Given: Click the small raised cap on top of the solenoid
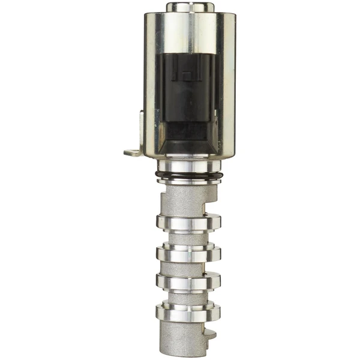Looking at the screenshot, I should point(190,7).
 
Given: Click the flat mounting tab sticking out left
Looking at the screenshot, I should point(133,152).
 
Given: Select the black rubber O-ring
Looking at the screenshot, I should point(189,175).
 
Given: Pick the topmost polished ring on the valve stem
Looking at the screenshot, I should point(188,222).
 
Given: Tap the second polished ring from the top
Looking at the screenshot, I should point(188,253).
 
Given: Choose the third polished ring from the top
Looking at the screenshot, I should point(188,281).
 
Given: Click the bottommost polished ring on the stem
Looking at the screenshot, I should point(188,311).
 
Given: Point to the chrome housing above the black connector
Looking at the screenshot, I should point(190,30).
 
